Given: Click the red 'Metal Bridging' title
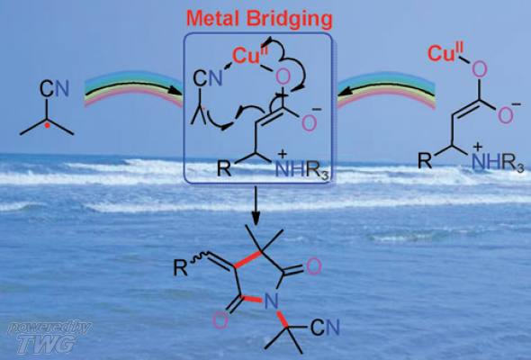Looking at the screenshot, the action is pyautogui.click(x=259, y=18).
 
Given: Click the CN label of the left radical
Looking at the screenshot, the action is pyautogui.click(x=54, y=88).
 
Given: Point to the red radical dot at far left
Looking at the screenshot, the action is pyautogui.click(x=48, y=125).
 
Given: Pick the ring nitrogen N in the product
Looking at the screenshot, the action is pyautogui.click(x=271, y=301).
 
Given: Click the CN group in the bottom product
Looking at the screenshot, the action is pyautogui.click(x=325, y=328).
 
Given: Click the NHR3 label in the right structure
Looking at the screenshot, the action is pyautogui.click(x=499, y=162).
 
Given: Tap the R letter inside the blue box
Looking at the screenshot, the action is pyautogui.click(x=224, y=167).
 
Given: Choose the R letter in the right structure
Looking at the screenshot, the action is pyautogui.click(x=425, y=160).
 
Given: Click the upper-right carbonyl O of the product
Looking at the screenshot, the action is pyautogui.click(x=313, y=266).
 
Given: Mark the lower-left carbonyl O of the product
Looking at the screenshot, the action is pyautogui.click(x=220, y=320).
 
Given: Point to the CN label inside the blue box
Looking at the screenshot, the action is pyautogui.click(x=208, y=79).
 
